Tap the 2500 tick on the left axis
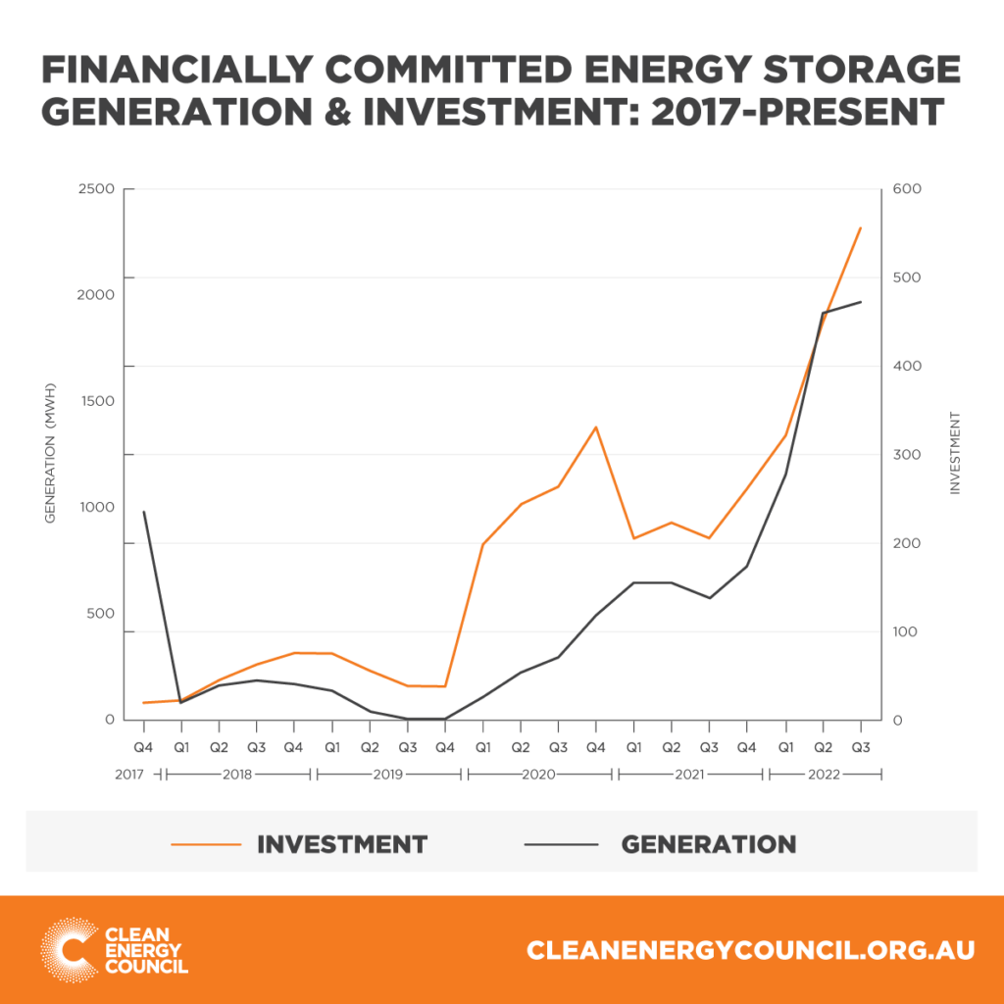[x=96, y=189]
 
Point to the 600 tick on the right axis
[x=905, y=189]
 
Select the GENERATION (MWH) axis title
[x=51, y=454]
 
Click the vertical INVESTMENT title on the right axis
[x=953, y=454]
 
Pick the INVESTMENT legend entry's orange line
[x=205, y=843]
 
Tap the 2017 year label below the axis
[x=129, y=775]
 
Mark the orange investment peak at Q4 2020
[x=595, y=427]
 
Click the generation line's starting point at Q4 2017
[x=144, y=512]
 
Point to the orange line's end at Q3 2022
[x=860, y=228]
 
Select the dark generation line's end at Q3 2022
[x=860, y=302]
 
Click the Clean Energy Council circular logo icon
[x=68, y=949]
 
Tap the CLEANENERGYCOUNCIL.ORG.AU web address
[x=750, y=950]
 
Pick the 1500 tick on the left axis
[x=96, y=402]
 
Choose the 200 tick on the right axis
[x=905, y=543]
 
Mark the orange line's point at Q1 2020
[x=482, y=544]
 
